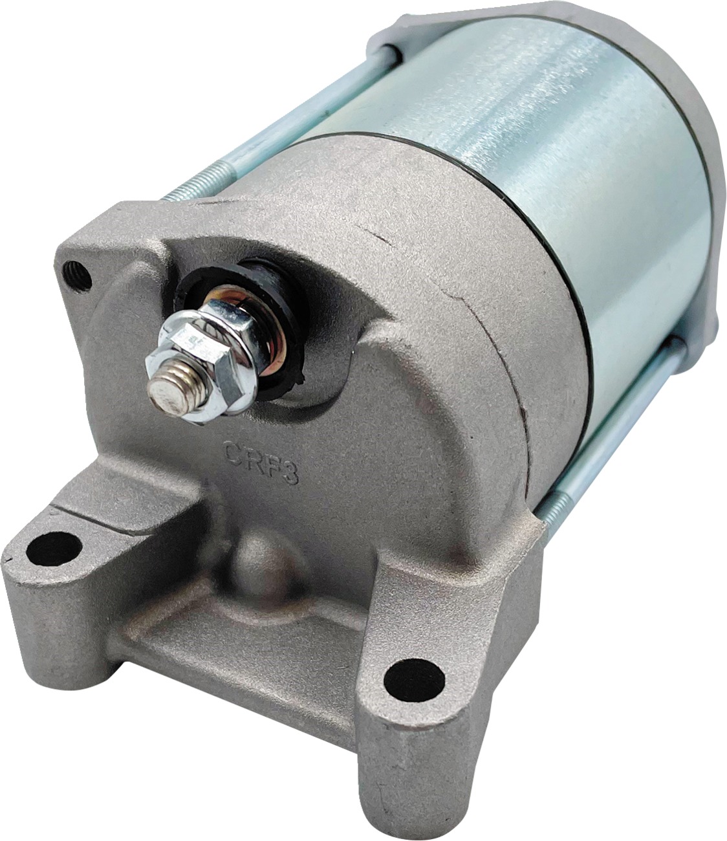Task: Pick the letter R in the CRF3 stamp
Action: (x=252, y=458)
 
